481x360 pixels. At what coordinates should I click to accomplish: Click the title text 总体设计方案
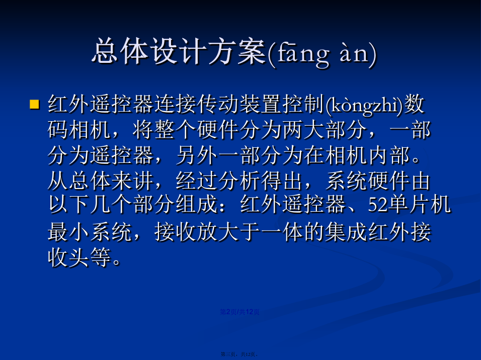(x=179, y=52)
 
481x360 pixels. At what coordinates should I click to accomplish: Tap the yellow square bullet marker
(x=34, y=104)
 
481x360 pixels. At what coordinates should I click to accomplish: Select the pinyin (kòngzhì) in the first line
(x=364, y=105)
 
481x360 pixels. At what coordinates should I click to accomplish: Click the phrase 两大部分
(x=325, y=130)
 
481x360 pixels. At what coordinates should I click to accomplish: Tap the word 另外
(x=197, y=155)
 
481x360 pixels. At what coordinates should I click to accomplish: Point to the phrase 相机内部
(x=367, y=155)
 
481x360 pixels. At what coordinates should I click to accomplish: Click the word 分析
(x=239, y=181)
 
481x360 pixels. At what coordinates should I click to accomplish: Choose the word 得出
(x=282, y=181)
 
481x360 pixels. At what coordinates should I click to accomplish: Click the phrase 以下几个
(x=90, y=204)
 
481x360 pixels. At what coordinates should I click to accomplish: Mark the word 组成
(x=197, y=204)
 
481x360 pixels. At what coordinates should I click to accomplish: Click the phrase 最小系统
(x=90, y=232)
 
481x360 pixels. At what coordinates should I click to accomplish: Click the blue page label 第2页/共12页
(x=240, y=312)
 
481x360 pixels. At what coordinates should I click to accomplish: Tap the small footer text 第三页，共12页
(x=239, y=354)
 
